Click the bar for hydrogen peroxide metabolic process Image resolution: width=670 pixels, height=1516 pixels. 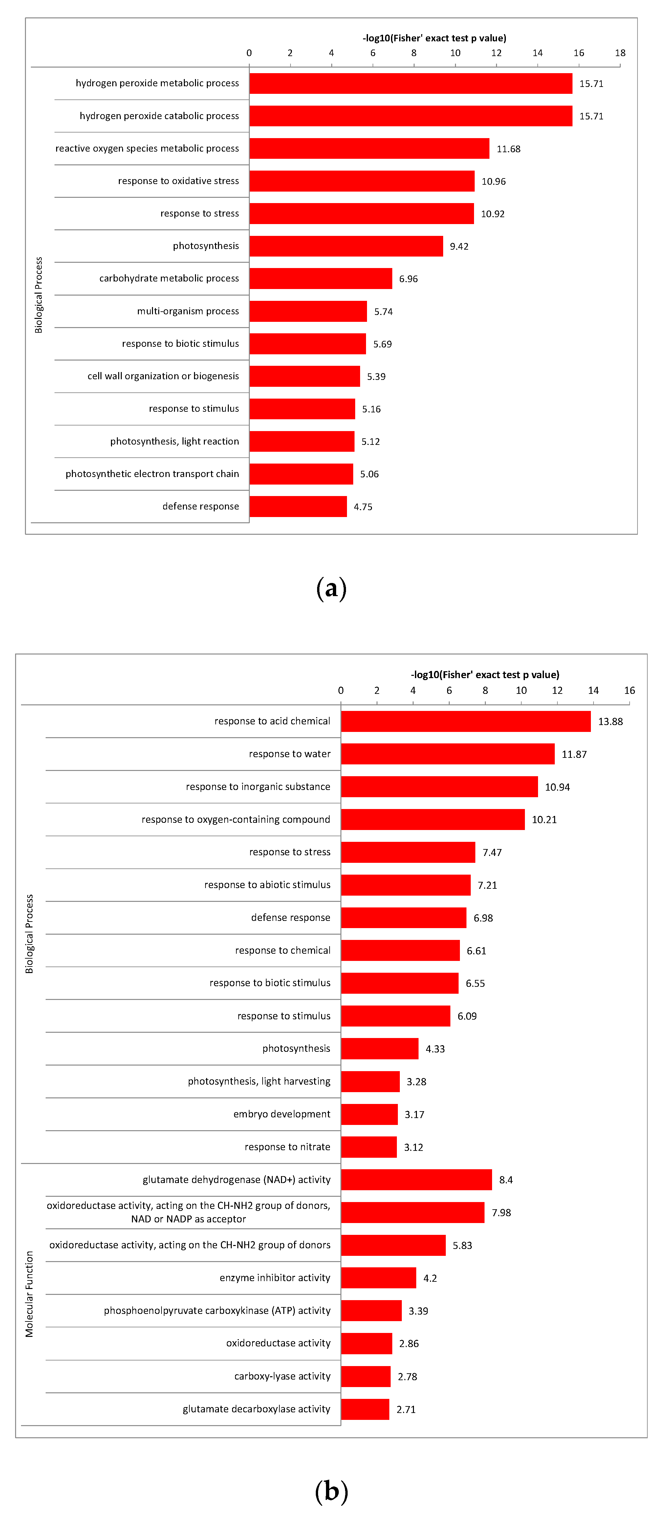point(410,84)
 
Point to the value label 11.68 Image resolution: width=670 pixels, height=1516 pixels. point(508,149)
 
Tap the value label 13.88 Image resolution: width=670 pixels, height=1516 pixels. point(610,721)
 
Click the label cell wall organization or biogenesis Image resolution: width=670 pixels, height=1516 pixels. point(163,376)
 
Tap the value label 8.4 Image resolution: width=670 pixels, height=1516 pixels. point(506,1180)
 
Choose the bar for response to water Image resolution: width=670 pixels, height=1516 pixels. point(447,754)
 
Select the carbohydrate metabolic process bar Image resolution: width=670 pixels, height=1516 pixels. point(320,278)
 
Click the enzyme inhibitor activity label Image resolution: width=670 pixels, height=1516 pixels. point(275,1277)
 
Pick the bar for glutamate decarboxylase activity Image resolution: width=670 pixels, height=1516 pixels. point(365,1409)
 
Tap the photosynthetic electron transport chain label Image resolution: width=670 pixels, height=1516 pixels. point(152,474)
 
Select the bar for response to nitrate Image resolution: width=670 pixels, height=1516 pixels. point(369,1147)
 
